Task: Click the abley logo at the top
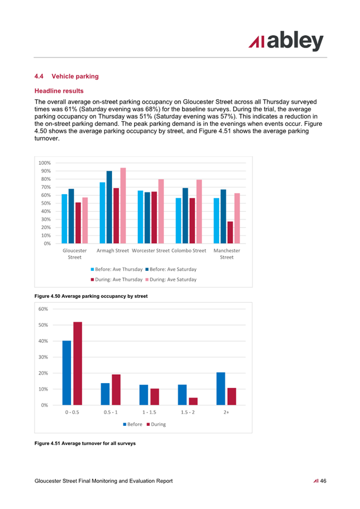pos(286,41)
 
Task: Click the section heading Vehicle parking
pos(75,76)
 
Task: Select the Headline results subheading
pos(59,91)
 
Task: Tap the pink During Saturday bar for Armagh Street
pos(123,206)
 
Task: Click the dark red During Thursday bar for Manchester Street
pos(230,232)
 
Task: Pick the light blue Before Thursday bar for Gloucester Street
pos(65,219)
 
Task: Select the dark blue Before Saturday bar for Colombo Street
pos(185,215)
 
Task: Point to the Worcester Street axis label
pos(151,251)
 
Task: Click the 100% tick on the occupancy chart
pos(45,163)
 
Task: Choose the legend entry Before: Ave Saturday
pos(171,269)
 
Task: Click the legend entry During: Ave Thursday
pos(117,279)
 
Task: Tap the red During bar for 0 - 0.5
pos(78,363)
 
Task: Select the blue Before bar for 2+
pos(221,389)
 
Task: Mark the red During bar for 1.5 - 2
pos(193,401)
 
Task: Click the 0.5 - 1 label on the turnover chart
pos(110,413)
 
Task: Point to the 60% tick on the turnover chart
pos(43,309)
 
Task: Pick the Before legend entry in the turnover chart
pos(133,424)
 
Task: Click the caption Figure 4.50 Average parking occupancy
pos(91,296)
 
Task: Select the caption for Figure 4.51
pos(85,443)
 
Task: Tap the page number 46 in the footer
pos(323,481)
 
